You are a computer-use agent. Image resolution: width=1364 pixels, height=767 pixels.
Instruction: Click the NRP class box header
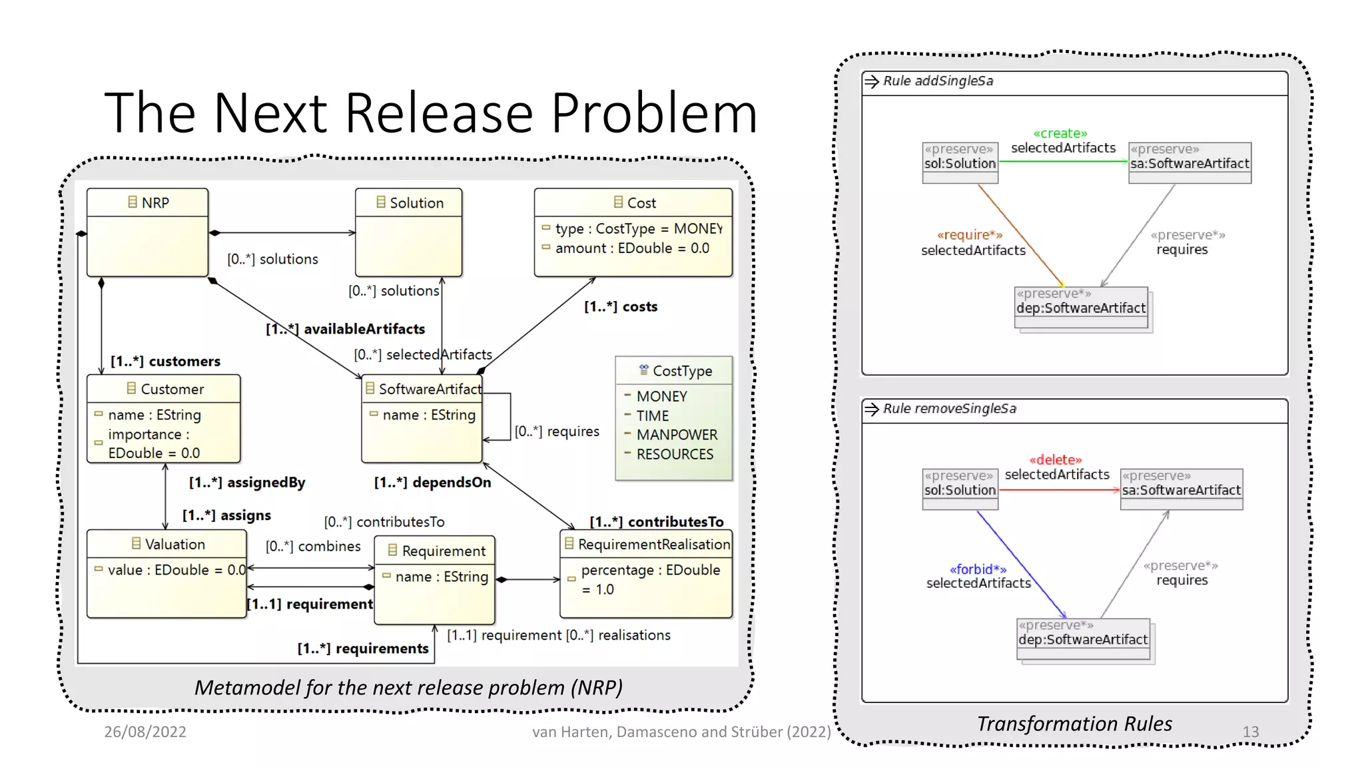(148, 202)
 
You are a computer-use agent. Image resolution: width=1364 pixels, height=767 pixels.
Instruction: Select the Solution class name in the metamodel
(416, 202)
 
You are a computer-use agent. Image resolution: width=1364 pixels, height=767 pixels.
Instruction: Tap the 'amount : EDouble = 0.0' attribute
(631, 248)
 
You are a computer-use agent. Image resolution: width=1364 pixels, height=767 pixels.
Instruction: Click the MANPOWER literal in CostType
(676, 435)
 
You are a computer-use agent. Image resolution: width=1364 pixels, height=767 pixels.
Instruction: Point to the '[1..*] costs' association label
(620, 307)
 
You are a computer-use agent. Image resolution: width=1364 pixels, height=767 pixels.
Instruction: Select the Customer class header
(165, 389)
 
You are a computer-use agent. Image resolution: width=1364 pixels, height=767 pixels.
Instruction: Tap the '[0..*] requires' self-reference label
(557, 431)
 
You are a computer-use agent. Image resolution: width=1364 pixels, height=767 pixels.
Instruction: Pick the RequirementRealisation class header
(647, 544)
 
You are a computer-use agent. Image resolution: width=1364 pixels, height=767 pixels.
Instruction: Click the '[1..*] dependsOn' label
(432, 482)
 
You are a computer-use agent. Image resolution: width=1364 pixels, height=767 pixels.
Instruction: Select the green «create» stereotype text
(1060, 134)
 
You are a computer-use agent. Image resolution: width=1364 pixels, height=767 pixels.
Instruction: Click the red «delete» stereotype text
(1055, 460)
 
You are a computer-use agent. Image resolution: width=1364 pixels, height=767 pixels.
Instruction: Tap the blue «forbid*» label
(978, 569)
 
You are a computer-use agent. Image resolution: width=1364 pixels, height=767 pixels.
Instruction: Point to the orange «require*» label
(969, 235)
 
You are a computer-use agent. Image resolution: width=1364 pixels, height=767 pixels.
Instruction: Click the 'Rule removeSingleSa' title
(949, 409)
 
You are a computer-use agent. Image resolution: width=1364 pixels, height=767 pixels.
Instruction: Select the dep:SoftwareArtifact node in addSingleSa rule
(1080, 308)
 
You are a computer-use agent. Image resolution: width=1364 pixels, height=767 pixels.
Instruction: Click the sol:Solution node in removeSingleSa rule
(960, 489)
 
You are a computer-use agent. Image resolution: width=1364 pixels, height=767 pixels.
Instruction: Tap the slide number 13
(1250, 732)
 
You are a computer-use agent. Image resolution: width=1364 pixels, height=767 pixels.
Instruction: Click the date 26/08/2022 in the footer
(145, 732)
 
